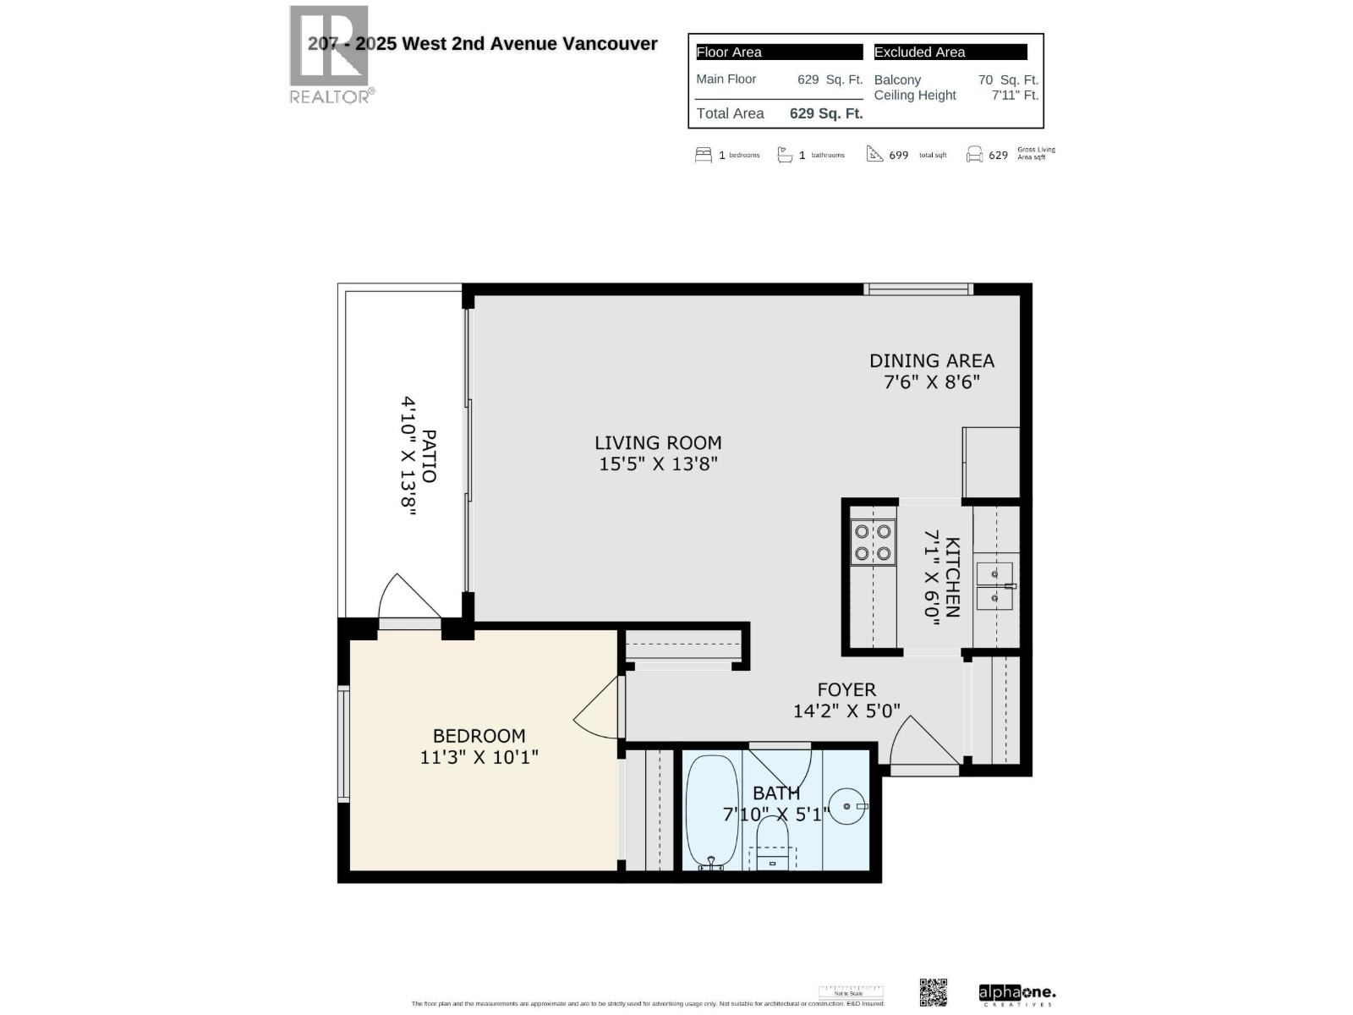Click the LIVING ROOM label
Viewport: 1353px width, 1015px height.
(x=658, y=442)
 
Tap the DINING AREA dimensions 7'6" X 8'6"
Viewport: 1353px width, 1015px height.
(x=931, y=381)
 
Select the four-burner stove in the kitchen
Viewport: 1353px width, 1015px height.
(x=873, y=543)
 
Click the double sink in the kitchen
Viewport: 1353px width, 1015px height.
(x=994, y=586)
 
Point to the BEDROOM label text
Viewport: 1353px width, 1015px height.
(x=479, y=736)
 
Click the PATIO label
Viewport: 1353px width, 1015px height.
(x=429, y=457)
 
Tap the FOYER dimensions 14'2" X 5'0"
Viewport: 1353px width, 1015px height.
(x=846, y=711)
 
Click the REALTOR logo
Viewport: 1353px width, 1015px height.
(x=330, y=55)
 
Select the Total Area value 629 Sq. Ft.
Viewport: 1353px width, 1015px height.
(x=826, y=113)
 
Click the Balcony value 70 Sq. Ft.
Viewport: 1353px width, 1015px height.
(x=1007, y=80)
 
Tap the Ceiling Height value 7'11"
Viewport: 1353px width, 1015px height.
(x=1014, y=96)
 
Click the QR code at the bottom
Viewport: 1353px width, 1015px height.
(x=933, y=992)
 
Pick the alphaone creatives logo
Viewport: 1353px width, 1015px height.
(x=1016, y=994)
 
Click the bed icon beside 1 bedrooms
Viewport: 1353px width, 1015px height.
(x=703, y=155)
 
